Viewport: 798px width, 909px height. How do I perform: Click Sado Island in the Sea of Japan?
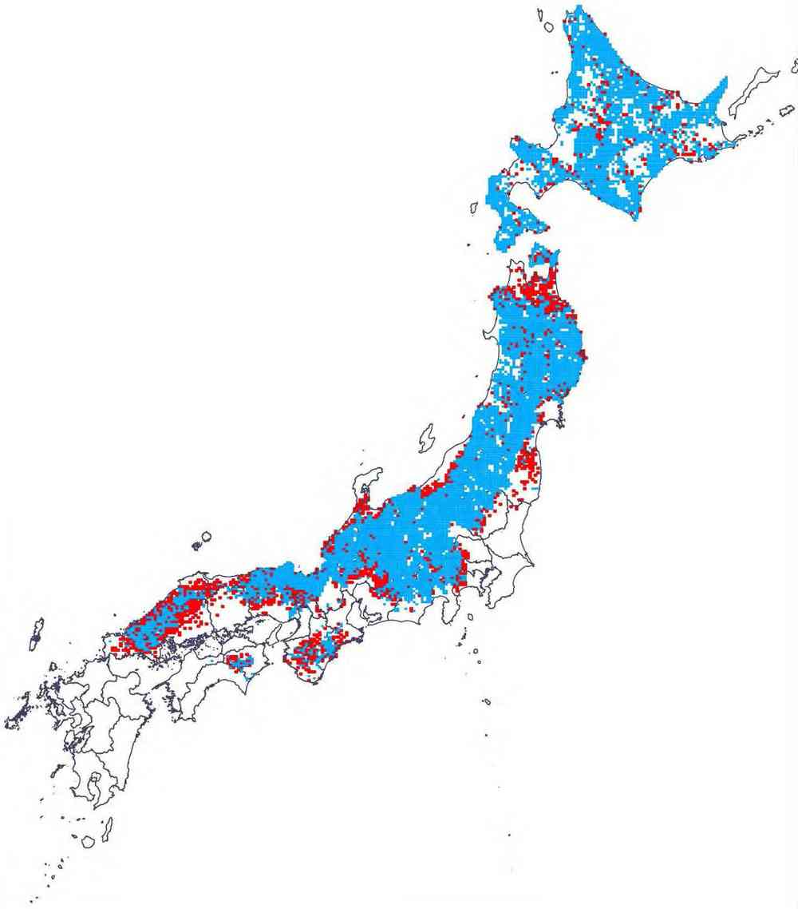[x=427, y=435]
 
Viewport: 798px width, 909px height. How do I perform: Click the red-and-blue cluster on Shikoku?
[x=237, y=661]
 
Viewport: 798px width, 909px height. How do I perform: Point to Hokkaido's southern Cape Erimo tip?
[x=639, y=215]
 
